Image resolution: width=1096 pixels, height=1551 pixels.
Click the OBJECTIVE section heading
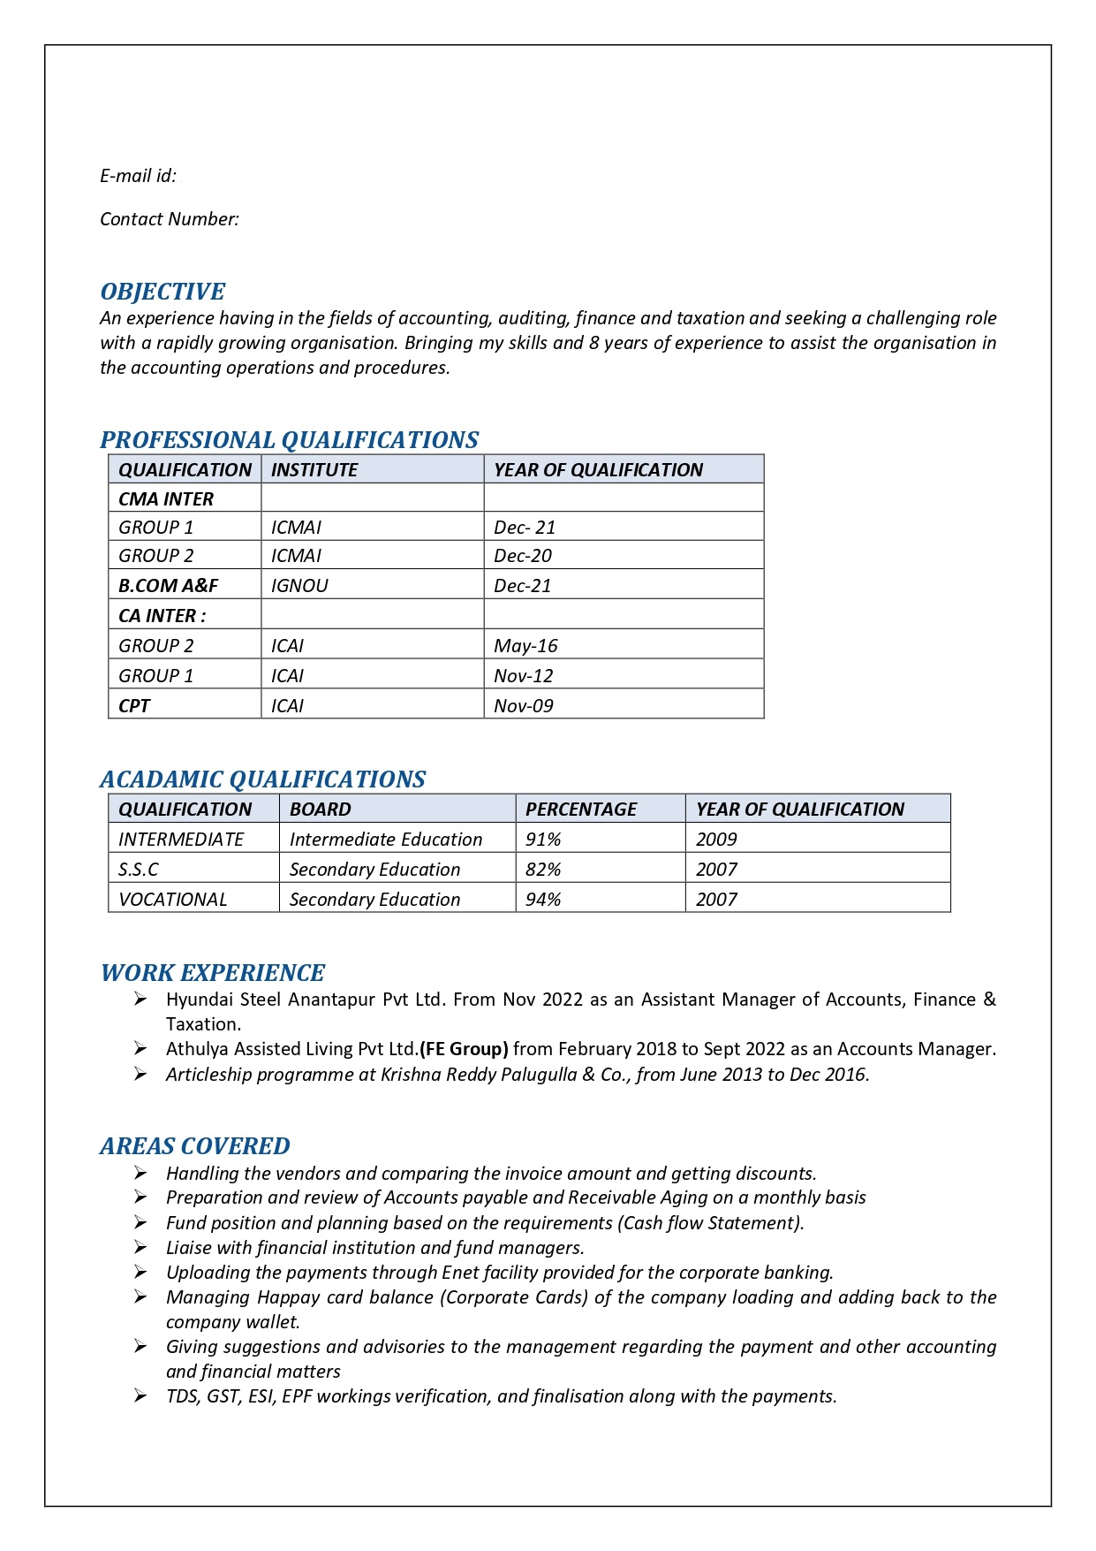pyautogui.click(x=163, y=292)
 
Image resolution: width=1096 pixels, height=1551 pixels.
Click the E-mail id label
pyautogui.click(x=138, y=176)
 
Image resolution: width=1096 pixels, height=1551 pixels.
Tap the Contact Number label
pyautogui.click(x=170, y=219)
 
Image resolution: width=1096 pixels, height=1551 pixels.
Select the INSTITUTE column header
pyautogui.click(x=314, y=470)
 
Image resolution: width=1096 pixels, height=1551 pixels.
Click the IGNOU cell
pyautogui.click(x=299, y=586)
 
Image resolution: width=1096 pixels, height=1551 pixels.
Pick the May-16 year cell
pyautogui.click(x=525, y=646)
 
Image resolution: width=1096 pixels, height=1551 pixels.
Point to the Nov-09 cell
pyautogui.click(x=524, y=706)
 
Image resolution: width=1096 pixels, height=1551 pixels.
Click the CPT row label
pyautogui.click(x=134, y=706)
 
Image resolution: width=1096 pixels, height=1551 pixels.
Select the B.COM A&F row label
pyautogui.click(x=168, y=586)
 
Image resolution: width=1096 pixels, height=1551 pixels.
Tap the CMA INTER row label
pyautogui.click(x=166, y=499)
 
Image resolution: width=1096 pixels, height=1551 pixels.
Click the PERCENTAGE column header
pyautogui.click(x=581, y=810)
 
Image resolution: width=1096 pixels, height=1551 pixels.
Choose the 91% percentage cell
pyautogui.click(x=543, y=840)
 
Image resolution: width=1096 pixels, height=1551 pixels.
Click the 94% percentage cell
pyautogui.click(x=543, y=900)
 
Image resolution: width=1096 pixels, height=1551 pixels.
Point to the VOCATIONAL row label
pyautogui.click(x=173, y=900)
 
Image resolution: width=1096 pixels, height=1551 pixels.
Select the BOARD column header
pyautogui.click(x=321, y=810)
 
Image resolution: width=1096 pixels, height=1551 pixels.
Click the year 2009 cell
pyautogui.click(x=716, y=840)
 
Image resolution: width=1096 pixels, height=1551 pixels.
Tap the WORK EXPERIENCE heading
pyautogui.click(x=213, y=973)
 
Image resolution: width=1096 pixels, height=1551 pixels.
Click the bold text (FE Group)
pyautogui.click(x=464, y=1049)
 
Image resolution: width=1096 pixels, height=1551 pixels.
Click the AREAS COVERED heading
pyautogui.click(x=195, y=1146)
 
